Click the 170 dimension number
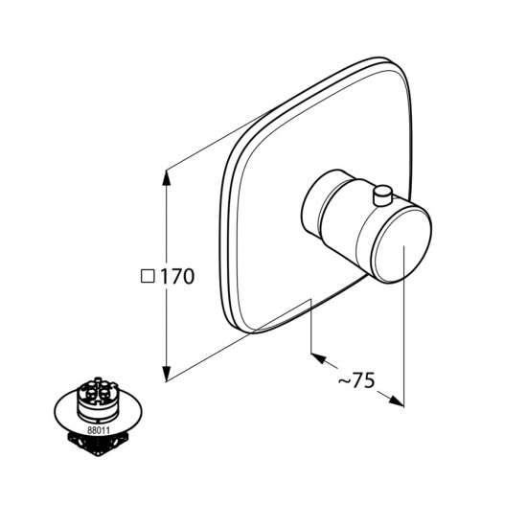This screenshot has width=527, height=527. coord(177,277)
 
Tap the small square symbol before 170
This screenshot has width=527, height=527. coord(148,277)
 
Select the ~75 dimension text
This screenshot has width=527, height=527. coord(355,381)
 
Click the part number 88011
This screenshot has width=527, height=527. coord(99,430)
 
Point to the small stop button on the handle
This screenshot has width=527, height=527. coord(382,195)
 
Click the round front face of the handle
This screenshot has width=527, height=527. coord(402,243)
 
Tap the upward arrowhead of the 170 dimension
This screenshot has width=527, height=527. coord(166,177)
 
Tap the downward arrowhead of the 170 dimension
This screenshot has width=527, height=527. coord(166,374)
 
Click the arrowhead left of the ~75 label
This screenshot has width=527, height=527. coord(318,357)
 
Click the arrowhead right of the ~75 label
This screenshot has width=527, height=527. coord(397,401)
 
